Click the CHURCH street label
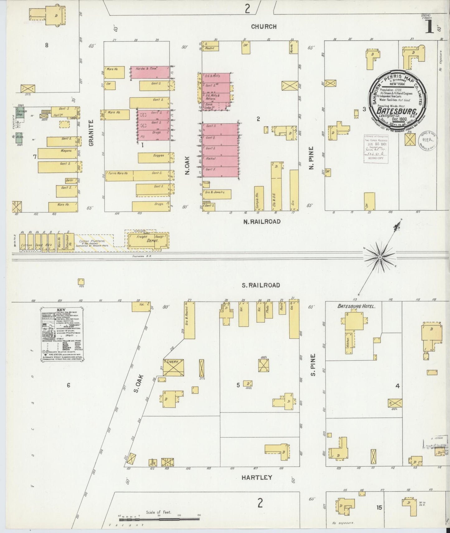pyautogui.click(x=264, y=27)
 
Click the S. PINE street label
pyautogui.click(x=313, y=364)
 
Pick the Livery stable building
pyautogui.click(x=173, y=368)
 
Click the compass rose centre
pyautogui.click(x=380, y=258)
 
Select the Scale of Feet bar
pyautogui.click(x=159, y=519)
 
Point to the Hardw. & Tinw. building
pyautogui.click(x=150, y=72)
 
